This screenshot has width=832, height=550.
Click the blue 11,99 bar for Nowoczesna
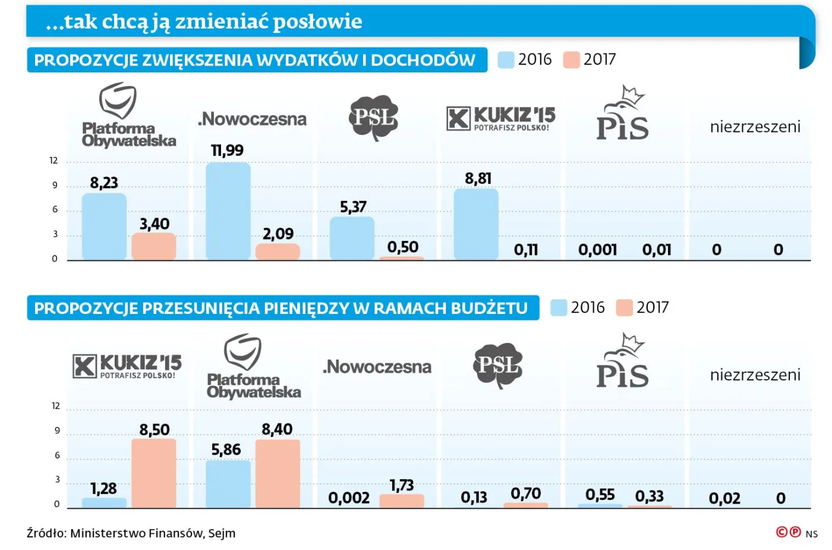228,211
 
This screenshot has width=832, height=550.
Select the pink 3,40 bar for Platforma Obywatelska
154,246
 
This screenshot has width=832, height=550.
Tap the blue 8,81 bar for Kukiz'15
476,224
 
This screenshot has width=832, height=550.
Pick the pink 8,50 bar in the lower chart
154,473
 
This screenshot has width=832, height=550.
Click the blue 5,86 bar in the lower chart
228,484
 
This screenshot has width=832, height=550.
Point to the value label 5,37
353,207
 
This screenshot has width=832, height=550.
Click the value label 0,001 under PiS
597,250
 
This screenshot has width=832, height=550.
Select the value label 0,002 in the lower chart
349,498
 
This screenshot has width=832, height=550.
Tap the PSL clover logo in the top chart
373,117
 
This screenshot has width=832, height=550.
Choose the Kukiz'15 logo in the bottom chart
127,366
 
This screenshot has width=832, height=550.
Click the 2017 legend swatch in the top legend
571,59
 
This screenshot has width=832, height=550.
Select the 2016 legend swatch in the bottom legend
559,307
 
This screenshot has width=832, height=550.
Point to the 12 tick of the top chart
53,161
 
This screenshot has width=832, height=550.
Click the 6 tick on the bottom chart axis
57,455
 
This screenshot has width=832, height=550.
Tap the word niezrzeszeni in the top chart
755,127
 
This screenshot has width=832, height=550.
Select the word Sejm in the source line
222,533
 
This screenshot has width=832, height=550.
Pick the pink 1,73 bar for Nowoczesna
402,501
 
